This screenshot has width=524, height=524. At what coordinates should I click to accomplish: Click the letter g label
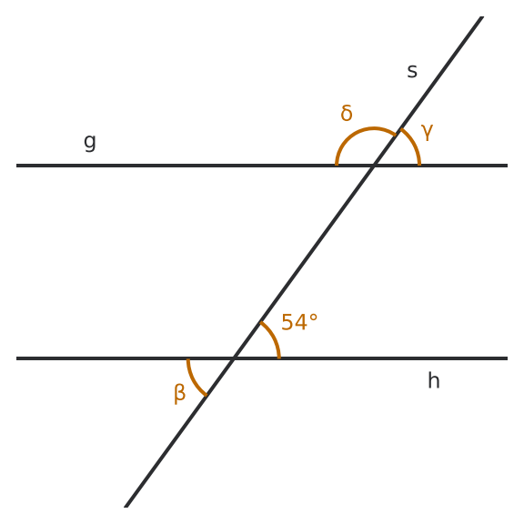pos(90,143)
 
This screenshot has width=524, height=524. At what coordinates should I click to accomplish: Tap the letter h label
pos(434,380)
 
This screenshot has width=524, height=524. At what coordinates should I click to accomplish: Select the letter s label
pos(412,71)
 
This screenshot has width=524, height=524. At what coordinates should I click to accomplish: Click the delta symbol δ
pos(347,113)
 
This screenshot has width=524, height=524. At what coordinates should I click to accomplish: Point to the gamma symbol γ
pos(428,132)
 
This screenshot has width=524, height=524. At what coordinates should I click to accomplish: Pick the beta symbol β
pos(179,394)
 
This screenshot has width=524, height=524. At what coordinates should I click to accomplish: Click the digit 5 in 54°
pos(287,322)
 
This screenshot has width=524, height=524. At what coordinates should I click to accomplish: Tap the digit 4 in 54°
pos(301,322)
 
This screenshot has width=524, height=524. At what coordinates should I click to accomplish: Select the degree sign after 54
pos(313,317)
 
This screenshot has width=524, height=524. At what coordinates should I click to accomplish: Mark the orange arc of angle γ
pos(413,144)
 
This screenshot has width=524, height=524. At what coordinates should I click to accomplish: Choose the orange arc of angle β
pos(193,379)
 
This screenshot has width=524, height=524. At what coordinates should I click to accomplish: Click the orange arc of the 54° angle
pos(273,338)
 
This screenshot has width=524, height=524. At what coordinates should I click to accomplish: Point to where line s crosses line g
pos(374,166)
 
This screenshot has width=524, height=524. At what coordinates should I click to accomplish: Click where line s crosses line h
pos(234,358)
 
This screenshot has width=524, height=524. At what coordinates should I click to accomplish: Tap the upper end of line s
pos(482,16)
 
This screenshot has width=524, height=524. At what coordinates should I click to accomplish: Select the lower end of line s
pos(126,508)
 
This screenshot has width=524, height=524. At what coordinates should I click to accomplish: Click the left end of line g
pos(16,166)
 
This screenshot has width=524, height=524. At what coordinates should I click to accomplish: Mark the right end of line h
pos(508,358)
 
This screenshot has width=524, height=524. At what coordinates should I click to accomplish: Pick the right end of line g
pos(508,166)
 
